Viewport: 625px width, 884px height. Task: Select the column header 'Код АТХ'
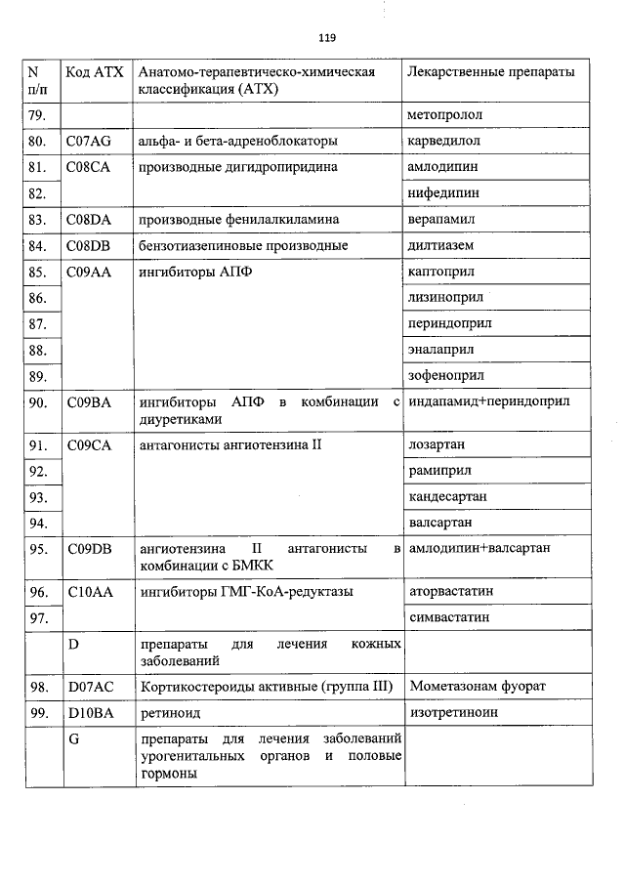click(x=93, y=73)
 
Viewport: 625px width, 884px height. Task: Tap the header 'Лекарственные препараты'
click(x=490, y=73)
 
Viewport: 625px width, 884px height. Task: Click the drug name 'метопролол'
click(x=445, y=115)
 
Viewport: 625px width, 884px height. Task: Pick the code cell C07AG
click(x=89, y=142)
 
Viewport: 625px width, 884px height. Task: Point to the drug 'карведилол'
click(x=444, y=142)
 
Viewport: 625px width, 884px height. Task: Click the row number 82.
click(x=39, y=193)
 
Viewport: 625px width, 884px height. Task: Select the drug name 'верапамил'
click(x=443, y=220)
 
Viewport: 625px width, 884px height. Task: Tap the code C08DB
click(x=89, y=246)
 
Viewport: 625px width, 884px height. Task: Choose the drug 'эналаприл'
click(x=441, y=350)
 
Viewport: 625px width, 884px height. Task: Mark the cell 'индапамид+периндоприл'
click(x=489, y=401)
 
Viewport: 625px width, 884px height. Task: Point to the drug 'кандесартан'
click(x=447, y=496)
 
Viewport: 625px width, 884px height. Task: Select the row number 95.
click(x=39, y=549)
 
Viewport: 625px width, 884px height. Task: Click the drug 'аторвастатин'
click(x=451, y=592)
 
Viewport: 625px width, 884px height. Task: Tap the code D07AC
click(x=90, y=687)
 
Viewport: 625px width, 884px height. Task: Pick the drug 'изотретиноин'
click(x=453, y=713)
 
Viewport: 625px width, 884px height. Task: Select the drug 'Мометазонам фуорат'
click(x=479, y=687)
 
